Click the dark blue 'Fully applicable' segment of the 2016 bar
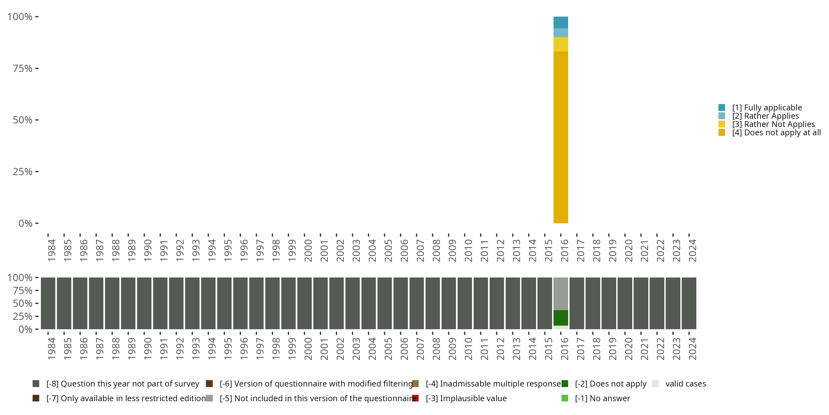[561, 22]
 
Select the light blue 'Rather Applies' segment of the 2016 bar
[561, 33]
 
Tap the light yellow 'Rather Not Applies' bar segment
[561, 45]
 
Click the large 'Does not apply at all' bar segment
[561, 137]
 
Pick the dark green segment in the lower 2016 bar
[561, 318]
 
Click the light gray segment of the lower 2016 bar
[561, 294]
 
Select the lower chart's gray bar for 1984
[48, 303]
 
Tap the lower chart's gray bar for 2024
[689, 303]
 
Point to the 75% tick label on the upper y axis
[23, 68]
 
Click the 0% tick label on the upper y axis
[25, 223]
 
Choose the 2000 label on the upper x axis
[308, 250]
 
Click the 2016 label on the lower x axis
[565, 349]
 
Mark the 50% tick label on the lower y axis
[23, 304]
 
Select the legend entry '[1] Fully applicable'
[767, 108]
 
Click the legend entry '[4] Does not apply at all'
[776, 133]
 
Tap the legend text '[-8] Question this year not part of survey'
[123, 384]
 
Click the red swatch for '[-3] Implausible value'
[415, 398]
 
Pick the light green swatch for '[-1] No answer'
[565, 398]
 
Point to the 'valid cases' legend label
[686, 384]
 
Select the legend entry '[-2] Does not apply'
[610, 384]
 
